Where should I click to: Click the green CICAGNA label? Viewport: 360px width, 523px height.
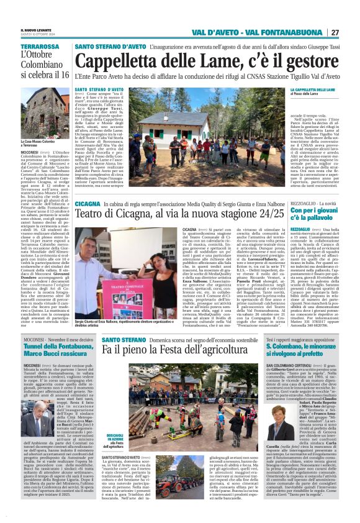pos(88,204)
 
